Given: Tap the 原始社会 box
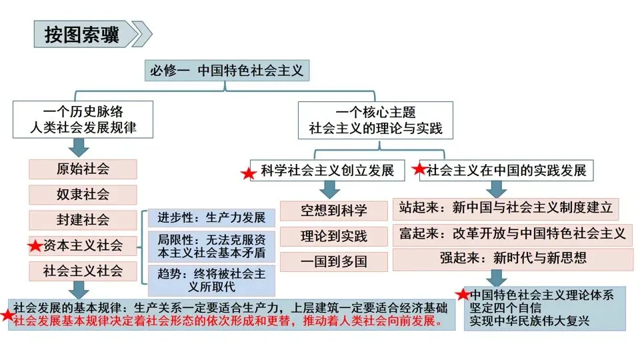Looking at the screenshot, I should point(83,169).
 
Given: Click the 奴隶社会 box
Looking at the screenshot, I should point(83,194).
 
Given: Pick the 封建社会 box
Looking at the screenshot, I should point(83,219).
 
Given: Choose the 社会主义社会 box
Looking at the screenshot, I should point(83,271).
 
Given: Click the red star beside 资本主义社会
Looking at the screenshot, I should point(35,246).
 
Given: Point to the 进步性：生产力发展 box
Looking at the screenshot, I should point(211,218).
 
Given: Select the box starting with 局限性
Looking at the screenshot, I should point(211,247).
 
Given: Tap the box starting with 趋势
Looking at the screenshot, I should point(211,280).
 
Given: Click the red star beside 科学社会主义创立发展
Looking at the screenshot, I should point(248,173).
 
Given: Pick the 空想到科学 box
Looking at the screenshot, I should point(333,211).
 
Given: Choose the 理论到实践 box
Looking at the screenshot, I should point(333,235).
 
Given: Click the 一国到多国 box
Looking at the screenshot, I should point(333,261).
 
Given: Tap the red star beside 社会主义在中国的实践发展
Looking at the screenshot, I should point(419,169).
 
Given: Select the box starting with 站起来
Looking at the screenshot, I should point(505,208).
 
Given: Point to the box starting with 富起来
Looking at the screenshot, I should point(512,233).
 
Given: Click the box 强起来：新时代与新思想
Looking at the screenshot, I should point(512,259).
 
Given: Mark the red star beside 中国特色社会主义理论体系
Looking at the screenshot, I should point(463,294).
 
